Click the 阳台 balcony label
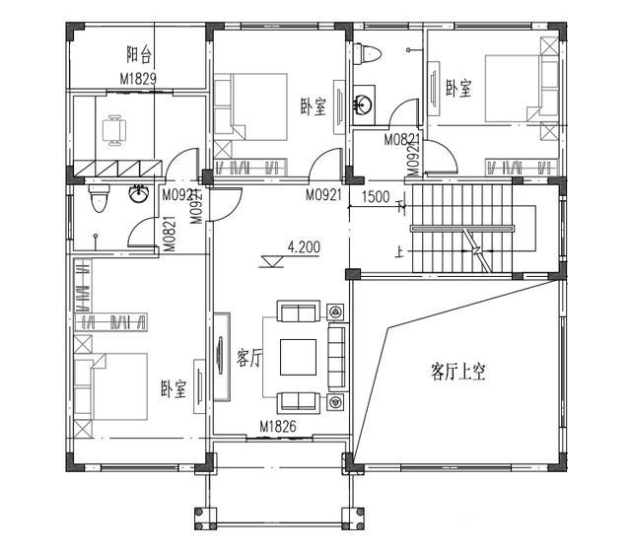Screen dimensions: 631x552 pyautogui.click(x=139, y=54)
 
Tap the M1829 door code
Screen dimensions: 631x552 pyautogui.click(x=138, y=79)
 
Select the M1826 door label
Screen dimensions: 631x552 pyautogui.click(x=278, y=426)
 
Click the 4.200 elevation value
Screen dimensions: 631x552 pyautogui.click(x=304, y=247)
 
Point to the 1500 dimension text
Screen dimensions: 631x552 pyautogui.click(x=376, y=197)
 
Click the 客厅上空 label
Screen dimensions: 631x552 pyautogui.click(x=457, y=372)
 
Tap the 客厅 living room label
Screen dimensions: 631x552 pyautogui.click(x=249, y=358)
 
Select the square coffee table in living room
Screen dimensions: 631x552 pyautogui.click(x=298, y=357)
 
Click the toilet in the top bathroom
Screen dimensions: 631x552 pyautogui.click(x=368, y=53)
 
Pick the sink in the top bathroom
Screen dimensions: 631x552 pyautogui.click(x=364, y=104)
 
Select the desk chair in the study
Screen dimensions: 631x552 pyautogui.click(x=114, y=130)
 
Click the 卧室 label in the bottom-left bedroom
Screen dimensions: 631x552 pyautogui.click(x=174, y=388)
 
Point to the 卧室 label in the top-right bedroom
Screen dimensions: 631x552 pyautogui.click(x=458, y=88)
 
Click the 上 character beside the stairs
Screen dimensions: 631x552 pyautogui.click(x=398, y=252)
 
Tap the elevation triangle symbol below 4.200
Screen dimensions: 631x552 pyautogui.click(x=272, y=262)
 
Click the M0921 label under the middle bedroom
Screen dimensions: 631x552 pyautogui.click(x=323, y=195)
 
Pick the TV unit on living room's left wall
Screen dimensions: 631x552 pyautogui.click(x=221, y=357)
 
